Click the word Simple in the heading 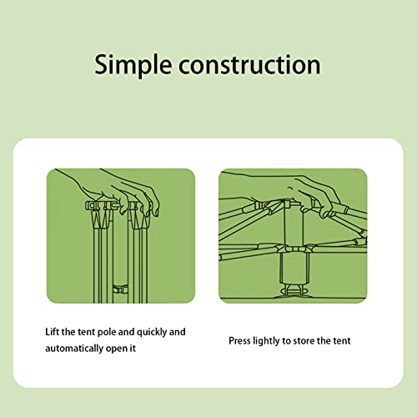[133, 66]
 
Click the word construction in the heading [249, 64]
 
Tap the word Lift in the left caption [52, 332]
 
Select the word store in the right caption [304, 341]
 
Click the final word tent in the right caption [341, 341]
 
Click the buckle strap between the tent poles [120, 289]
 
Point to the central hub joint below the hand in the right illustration [294, 248]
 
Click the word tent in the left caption [86, 332]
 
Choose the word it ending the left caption [133, 348]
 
